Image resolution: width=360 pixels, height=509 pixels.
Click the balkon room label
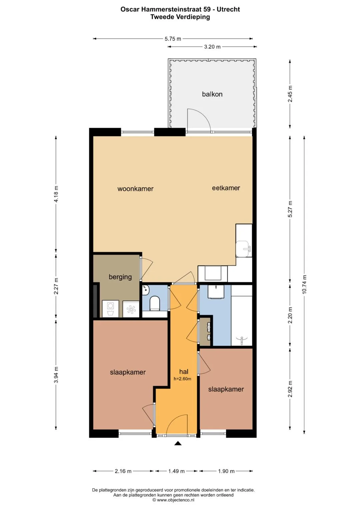point(212,94)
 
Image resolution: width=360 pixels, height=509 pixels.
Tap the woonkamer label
point(135,189)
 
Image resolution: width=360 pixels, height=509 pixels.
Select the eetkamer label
point(226,188)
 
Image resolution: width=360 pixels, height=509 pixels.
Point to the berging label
point(120,277)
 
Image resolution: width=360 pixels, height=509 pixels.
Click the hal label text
point(184,372)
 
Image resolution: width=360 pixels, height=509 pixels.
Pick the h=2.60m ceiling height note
point(182,379)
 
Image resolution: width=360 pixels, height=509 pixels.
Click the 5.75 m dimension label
point(173,39)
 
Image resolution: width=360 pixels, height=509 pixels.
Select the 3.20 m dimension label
point(212,47)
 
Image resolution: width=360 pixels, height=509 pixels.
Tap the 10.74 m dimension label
point(304,284)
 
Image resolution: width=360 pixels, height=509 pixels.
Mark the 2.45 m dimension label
point(290,94)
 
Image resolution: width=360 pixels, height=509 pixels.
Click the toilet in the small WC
point(155,303)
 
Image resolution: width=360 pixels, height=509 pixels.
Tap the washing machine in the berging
point(110,309)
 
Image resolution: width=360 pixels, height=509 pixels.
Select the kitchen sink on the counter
point(243,249)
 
